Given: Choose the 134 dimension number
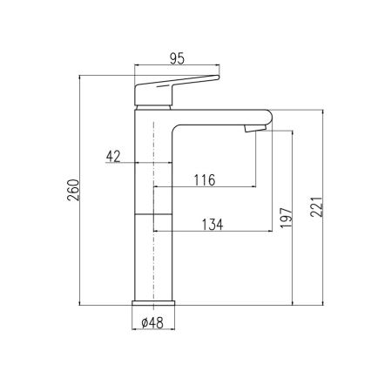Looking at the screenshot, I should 212,224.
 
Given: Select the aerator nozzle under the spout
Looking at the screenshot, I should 253,128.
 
